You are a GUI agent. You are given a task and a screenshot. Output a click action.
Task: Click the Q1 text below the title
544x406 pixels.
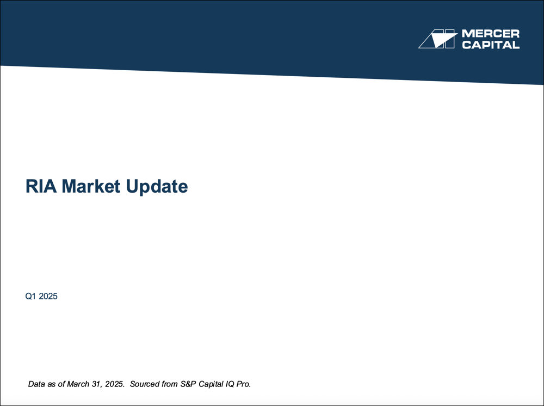(x=30, y=297)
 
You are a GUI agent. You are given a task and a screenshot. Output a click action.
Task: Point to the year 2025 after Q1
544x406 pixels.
(x=48, y=297)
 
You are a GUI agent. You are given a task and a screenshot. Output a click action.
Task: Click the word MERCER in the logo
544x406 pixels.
(x=490, y=34)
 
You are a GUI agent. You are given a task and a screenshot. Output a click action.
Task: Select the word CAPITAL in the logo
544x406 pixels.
(x=490, y=45)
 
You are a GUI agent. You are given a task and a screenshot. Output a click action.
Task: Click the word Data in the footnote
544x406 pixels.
(x=37, y=384)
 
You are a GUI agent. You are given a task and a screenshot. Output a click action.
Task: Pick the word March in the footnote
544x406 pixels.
(x=78, y=384)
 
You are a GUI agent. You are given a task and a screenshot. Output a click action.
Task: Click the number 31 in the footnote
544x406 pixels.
(x=96, y=384)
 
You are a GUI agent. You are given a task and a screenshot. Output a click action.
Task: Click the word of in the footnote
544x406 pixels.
(x=62, y=384)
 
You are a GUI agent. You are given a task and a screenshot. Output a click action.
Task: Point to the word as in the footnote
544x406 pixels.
(x=52, y=384)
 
